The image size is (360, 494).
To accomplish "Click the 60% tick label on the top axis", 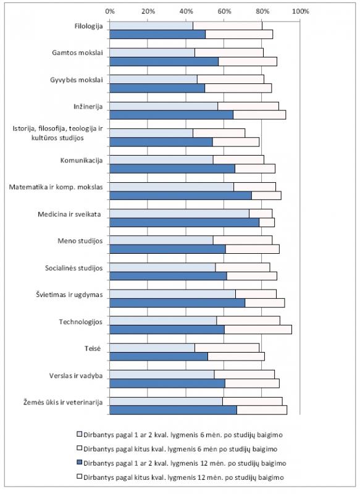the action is (224, 12).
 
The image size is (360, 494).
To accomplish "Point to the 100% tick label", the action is (301, 12).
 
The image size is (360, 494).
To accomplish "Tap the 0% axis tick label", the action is (110, 12).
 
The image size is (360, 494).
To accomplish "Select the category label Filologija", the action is (88, 26).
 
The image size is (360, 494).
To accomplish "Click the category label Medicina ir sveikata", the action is (69, 214).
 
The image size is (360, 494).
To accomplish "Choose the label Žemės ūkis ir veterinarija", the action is (63, 403).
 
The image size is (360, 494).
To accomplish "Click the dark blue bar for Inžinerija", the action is (171, 115).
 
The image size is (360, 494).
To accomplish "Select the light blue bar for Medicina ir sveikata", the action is (179, 214).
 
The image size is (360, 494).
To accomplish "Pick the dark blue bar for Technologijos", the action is (167, 330).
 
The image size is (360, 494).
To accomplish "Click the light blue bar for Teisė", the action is (152, 348).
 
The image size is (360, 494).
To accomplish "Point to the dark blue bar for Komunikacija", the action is (172, 169).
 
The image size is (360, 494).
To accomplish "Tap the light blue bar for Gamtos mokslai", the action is (152, 52).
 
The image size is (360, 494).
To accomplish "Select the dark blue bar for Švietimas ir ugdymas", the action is (177, 303).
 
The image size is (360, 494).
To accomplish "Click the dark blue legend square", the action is (80, 463).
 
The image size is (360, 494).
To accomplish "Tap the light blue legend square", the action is (80, 434).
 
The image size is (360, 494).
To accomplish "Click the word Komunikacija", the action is (82, 161).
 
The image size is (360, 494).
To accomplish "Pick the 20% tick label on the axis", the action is (148, 12).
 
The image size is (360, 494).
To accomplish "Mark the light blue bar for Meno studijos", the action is (161, 240).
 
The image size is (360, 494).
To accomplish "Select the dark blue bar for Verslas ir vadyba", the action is (167, 383).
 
